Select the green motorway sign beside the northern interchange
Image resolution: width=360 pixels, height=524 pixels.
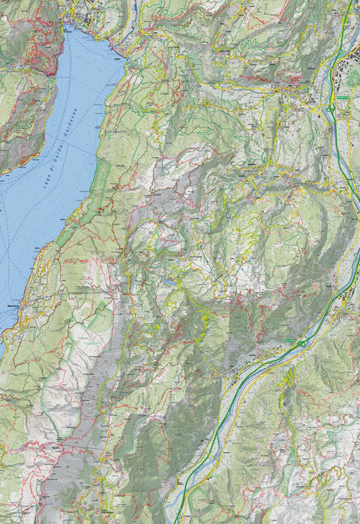coord(343,98)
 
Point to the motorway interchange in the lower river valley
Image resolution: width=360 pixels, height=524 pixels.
coord(301,343)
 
